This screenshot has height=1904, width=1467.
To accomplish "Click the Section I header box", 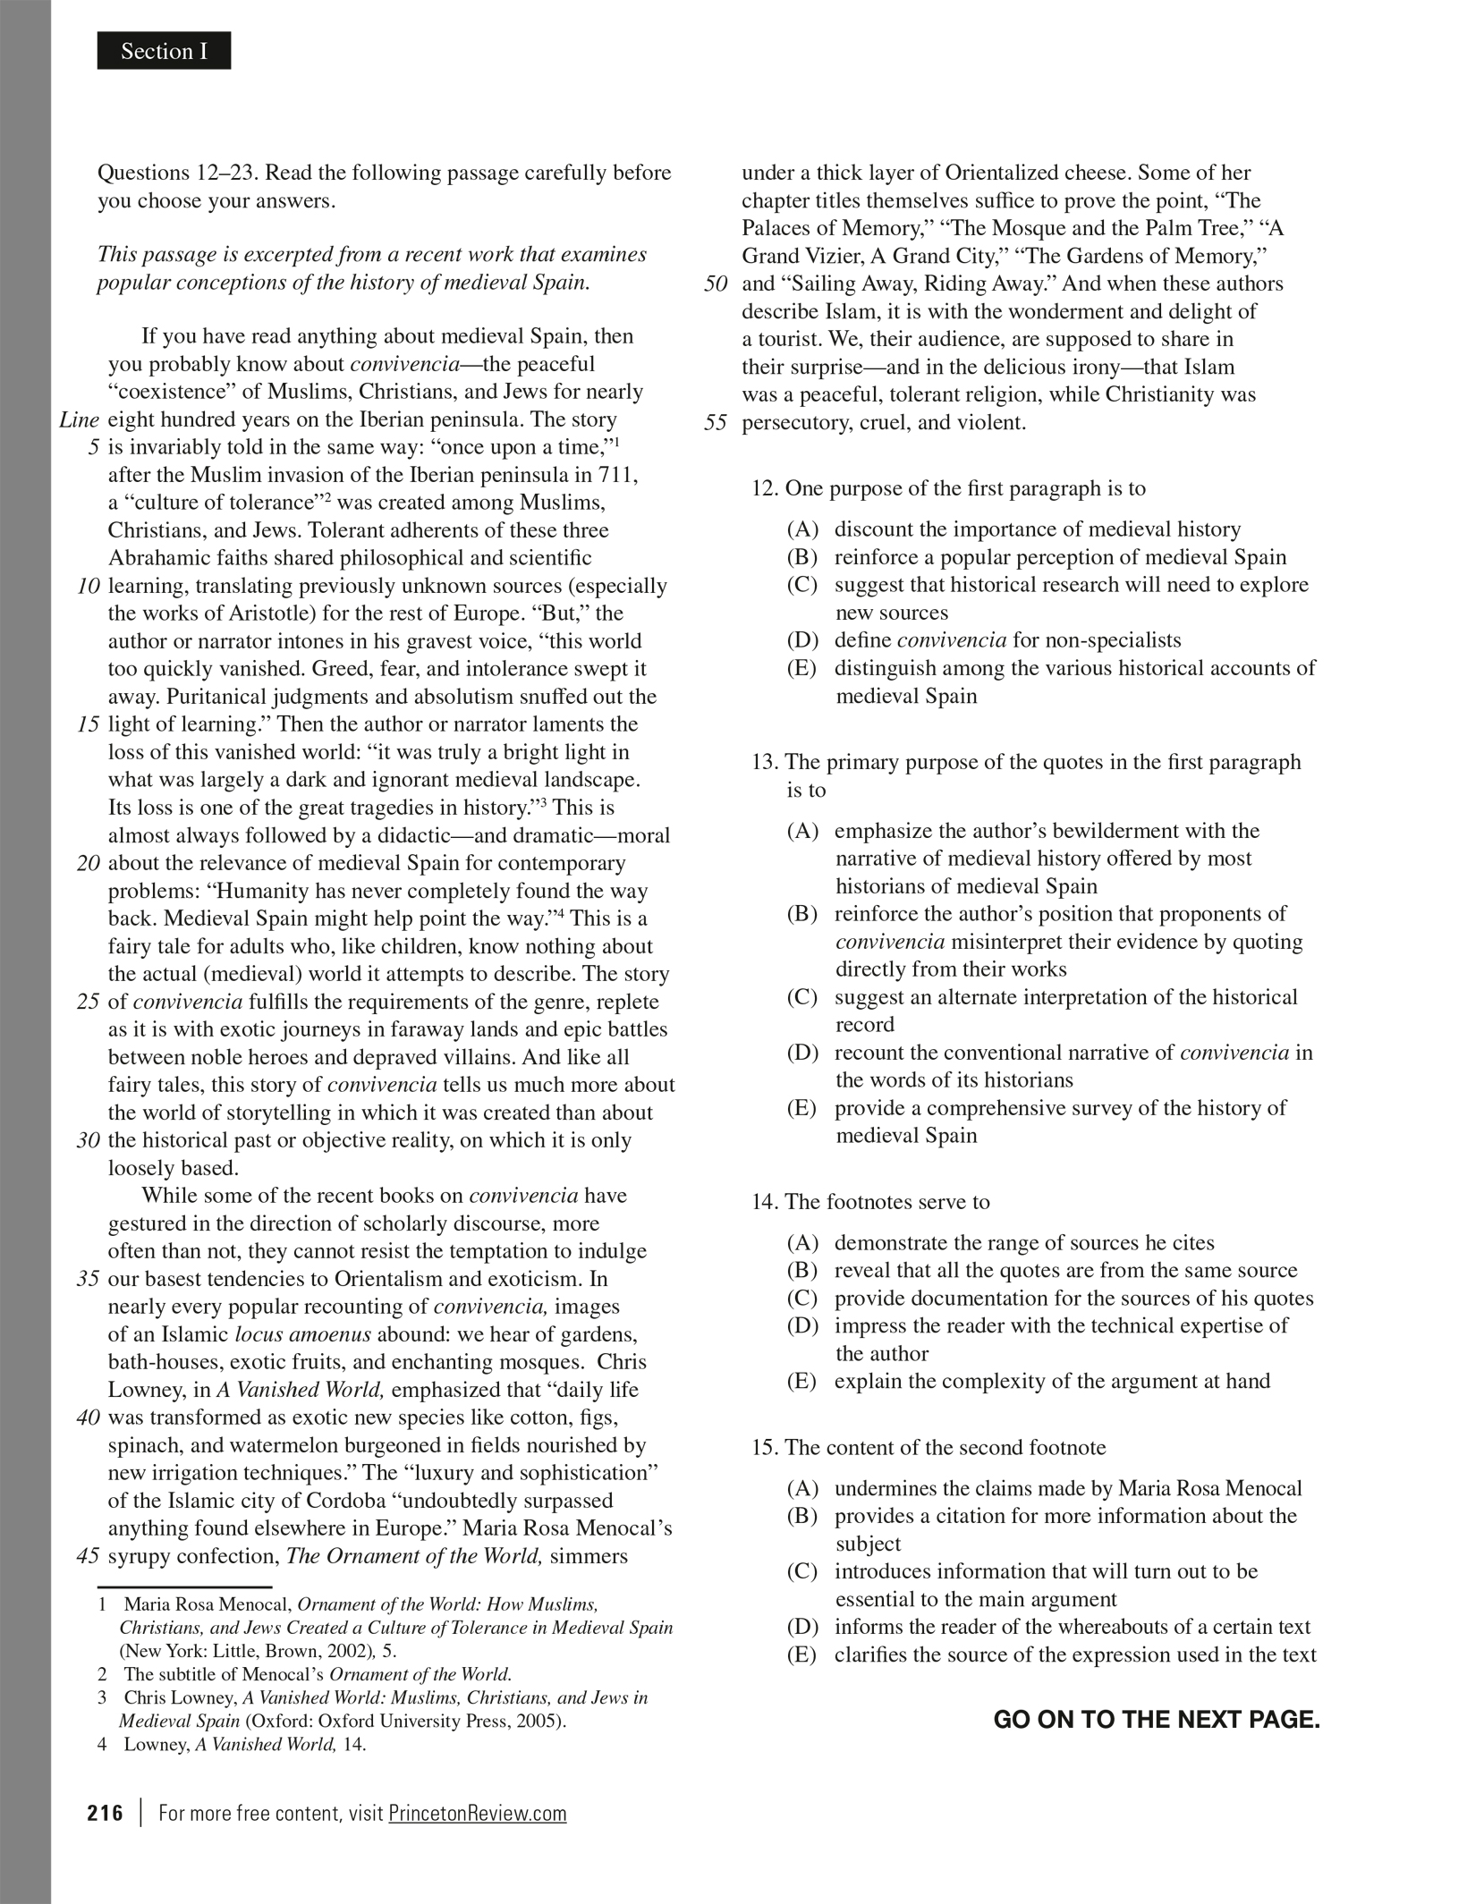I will (164, 51).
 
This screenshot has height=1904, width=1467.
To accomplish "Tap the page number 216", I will (105, 1813).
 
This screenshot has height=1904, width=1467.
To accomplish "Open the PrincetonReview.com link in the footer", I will (477, 1813).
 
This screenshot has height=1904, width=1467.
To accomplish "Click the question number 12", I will (765, 488).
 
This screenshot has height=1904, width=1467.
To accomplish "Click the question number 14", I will (765, 1202).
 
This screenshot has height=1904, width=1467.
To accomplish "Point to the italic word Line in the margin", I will (79, 420).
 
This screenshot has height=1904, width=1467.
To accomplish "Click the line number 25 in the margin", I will (88, 1002).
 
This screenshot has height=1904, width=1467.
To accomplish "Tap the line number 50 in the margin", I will (716, 284).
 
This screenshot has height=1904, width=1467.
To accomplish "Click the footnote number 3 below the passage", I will (102, 1697).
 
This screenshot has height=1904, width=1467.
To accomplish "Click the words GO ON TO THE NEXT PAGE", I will (1156, 1720).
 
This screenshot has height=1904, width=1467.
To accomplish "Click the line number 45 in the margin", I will (88, 1556).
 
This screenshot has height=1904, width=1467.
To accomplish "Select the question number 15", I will (765, 1448).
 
